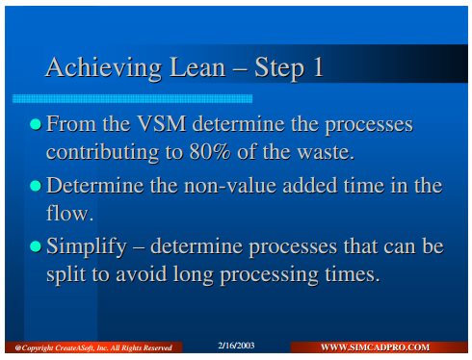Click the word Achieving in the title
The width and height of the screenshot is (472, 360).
103,67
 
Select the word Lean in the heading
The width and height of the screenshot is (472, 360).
197,66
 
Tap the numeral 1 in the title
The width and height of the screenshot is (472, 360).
318,66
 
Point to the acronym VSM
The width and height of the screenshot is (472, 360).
162,123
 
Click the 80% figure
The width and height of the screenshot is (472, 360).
210,151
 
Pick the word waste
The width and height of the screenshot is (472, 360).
326,152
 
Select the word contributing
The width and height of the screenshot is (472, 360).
102,152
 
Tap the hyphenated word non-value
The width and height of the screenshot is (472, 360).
230,186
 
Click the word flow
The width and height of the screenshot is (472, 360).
69,213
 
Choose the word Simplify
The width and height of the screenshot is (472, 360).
87,246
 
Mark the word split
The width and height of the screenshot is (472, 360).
66,274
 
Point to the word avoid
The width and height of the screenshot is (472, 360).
142,274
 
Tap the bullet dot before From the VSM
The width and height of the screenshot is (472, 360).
36,124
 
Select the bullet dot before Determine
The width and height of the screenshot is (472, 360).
36,186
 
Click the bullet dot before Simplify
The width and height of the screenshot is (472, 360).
36,246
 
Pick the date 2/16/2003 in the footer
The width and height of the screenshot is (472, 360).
236,346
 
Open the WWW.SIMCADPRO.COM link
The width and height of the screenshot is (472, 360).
375,347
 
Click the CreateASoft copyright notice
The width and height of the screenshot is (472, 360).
93,347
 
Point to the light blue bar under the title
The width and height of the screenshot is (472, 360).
132,98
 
